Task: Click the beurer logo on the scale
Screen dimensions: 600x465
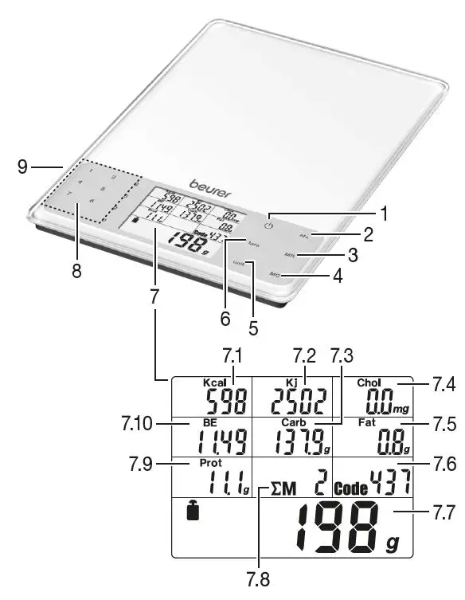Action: point(206,184)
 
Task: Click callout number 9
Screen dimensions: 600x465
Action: point(23,167)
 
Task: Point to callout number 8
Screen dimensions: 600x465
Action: point(76,271)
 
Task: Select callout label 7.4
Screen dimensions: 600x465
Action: point(443,386)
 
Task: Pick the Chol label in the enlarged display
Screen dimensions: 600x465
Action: point(370,382)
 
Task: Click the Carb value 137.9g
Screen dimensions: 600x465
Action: point(296,439)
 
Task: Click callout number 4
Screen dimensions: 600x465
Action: point(338,277)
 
